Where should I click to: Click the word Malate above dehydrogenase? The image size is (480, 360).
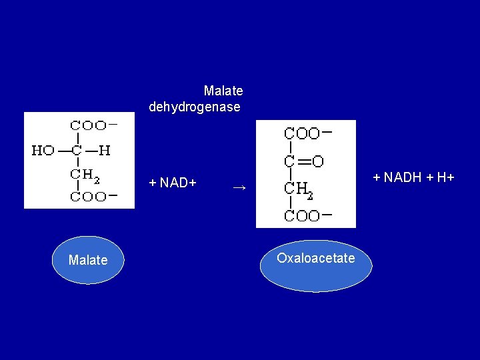(223, 90)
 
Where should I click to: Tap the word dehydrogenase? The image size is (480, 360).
(195, 107)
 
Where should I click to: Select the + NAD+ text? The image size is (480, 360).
(173, 182)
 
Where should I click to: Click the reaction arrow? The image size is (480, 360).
(239, 188)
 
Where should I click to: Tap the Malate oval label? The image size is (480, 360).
(88, 260)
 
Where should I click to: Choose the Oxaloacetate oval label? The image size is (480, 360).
(316, 258)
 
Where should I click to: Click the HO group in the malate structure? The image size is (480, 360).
(43, 151)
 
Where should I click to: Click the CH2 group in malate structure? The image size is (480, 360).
(85, 175)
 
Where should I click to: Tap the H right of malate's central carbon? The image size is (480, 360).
(105, 151)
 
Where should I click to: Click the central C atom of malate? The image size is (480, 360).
(77, 151)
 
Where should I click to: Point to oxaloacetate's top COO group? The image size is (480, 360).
(302, 133)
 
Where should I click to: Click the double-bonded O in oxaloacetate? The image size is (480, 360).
(317, 161)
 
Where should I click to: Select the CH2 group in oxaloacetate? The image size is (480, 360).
(298, 189)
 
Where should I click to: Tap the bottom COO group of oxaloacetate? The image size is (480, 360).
(302, 215)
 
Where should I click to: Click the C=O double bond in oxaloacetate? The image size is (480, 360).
(303, 161)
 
